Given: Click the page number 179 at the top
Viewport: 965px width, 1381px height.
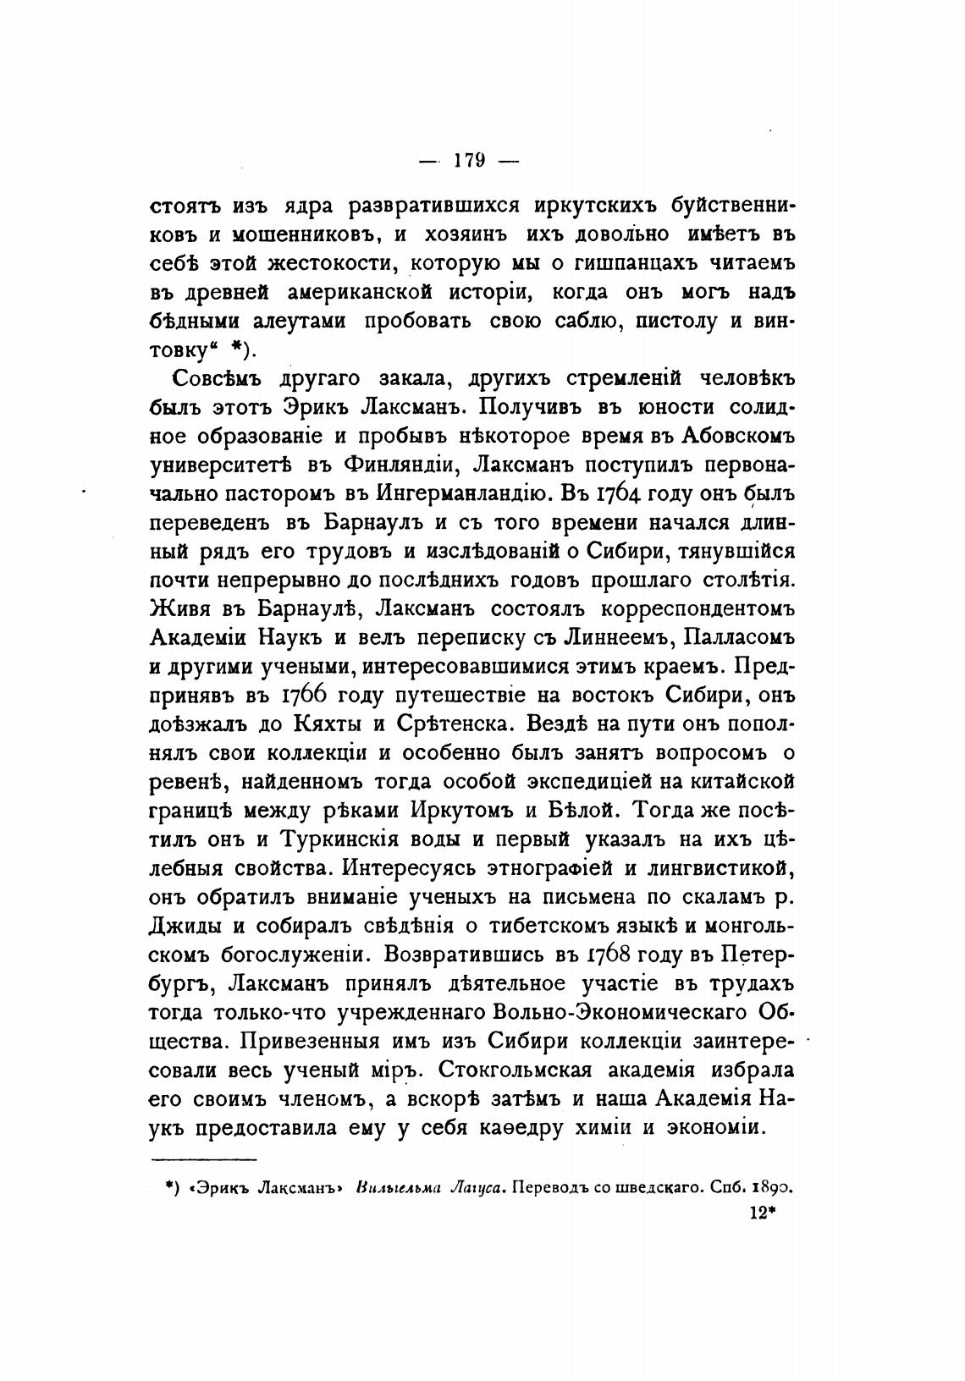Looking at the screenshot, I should [467, 160].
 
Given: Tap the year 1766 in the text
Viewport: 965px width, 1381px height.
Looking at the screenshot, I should [306, 696].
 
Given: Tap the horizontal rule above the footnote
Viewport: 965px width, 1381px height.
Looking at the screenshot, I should [203, 1160].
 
